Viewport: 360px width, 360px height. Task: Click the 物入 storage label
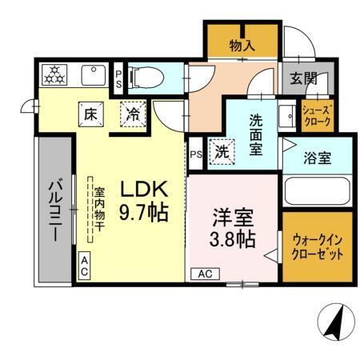pyautogui.click(x=242, y=46)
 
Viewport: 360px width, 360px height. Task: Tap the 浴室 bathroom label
pyautogui.click(x=317, y=158)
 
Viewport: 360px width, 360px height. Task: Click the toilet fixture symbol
pyautogui.click(x=150, y=78)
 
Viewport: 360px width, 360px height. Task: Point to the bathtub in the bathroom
pyautogui.click(x=317, y=191)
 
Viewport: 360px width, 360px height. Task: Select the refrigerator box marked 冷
pyautogui.click(x=134, y=114)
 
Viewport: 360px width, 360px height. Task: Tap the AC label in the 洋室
pyautogui.click(x=205, y=273)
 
